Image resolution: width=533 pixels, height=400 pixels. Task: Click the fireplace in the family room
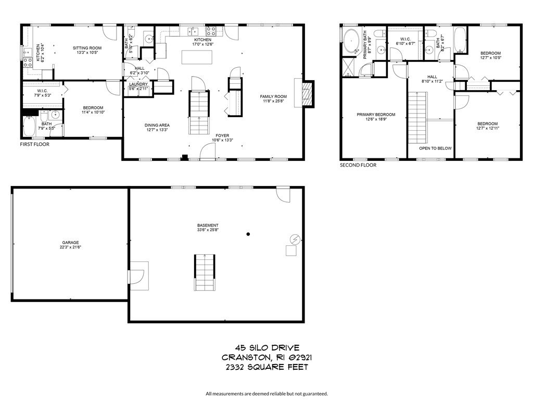[307, 94]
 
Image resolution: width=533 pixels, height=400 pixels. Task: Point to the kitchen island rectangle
[197, 57]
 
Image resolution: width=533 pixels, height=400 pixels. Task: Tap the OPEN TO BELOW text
[436, 148]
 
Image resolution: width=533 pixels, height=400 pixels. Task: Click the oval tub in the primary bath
[351, 41]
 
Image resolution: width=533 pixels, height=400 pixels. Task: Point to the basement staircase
[205, 272]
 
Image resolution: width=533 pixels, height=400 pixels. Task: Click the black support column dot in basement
[248, 234]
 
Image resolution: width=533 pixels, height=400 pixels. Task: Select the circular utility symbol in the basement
[295, 239]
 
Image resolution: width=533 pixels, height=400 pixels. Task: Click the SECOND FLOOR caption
[358, 165]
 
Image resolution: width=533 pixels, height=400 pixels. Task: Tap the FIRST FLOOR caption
[34, 144]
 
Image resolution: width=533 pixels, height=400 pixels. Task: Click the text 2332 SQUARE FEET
[266, 367]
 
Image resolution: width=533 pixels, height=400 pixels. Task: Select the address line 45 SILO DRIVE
[266, 347]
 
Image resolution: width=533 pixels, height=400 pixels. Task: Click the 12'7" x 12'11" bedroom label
[488, 126]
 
